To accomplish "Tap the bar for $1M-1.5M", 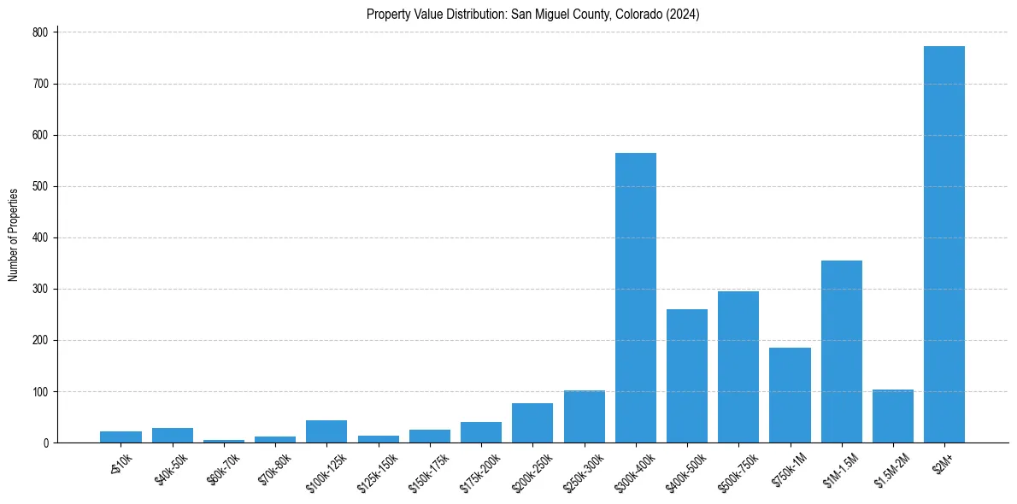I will click(x=842, y=351).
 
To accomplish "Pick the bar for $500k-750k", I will click(x=738, y=366).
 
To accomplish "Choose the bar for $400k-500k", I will click(x=687, y=376).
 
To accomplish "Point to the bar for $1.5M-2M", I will click(x=893, y=416).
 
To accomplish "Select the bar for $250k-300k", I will click(x=585, y=417).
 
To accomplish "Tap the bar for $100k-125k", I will click(x=326, y=431).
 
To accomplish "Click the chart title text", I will click(x=532, y=14).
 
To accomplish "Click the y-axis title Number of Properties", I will click(x=13, y=235).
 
